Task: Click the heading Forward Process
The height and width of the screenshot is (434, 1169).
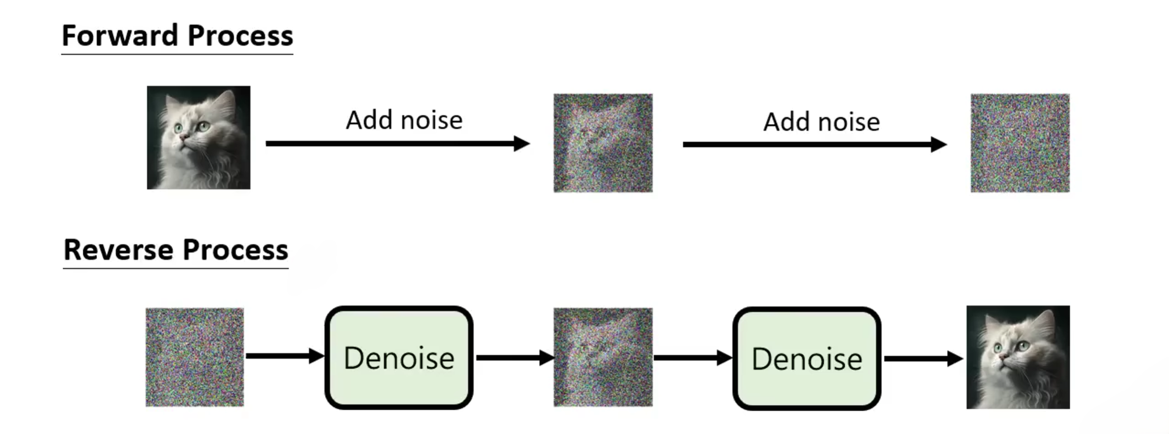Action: pos(177,36)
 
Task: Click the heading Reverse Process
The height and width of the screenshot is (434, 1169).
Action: pos(176,250)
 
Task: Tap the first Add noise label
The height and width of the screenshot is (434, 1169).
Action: pos(404,120)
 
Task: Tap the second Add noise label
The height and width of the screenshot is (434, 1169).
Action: pos(821,122)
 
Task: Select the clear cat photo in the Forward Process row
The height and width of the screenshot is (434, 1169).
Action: pos(198,137)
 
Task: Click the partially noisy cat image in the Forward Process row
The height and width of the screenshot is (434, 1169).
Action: pos(603,143)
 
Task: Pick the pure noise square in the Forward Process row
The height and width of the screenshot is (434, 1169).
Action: pos(1020,143)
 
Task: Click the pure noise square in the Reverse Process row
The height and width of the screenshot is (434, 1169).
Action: pos(194,357)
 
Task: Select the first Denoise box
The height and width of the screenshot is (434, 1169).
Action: pos(399,358)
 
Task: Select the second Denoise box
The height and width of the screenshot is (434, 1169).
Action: pos(806,359)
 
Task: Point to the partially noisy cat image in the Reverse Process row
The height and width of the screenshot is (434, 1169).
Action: pos(603,357)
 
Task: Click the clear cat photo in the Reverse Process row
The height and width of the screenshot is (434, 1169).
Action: pos(1018,357)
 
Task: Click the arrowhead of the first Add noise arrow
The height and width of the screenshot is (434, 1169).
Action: pos(522,144)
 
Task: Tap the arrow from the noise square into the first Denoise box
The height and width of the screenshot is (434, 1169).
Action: pos(283,356)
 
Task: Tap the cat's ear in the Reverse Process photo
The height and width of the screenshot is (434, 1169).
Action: pos(1045,322)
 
